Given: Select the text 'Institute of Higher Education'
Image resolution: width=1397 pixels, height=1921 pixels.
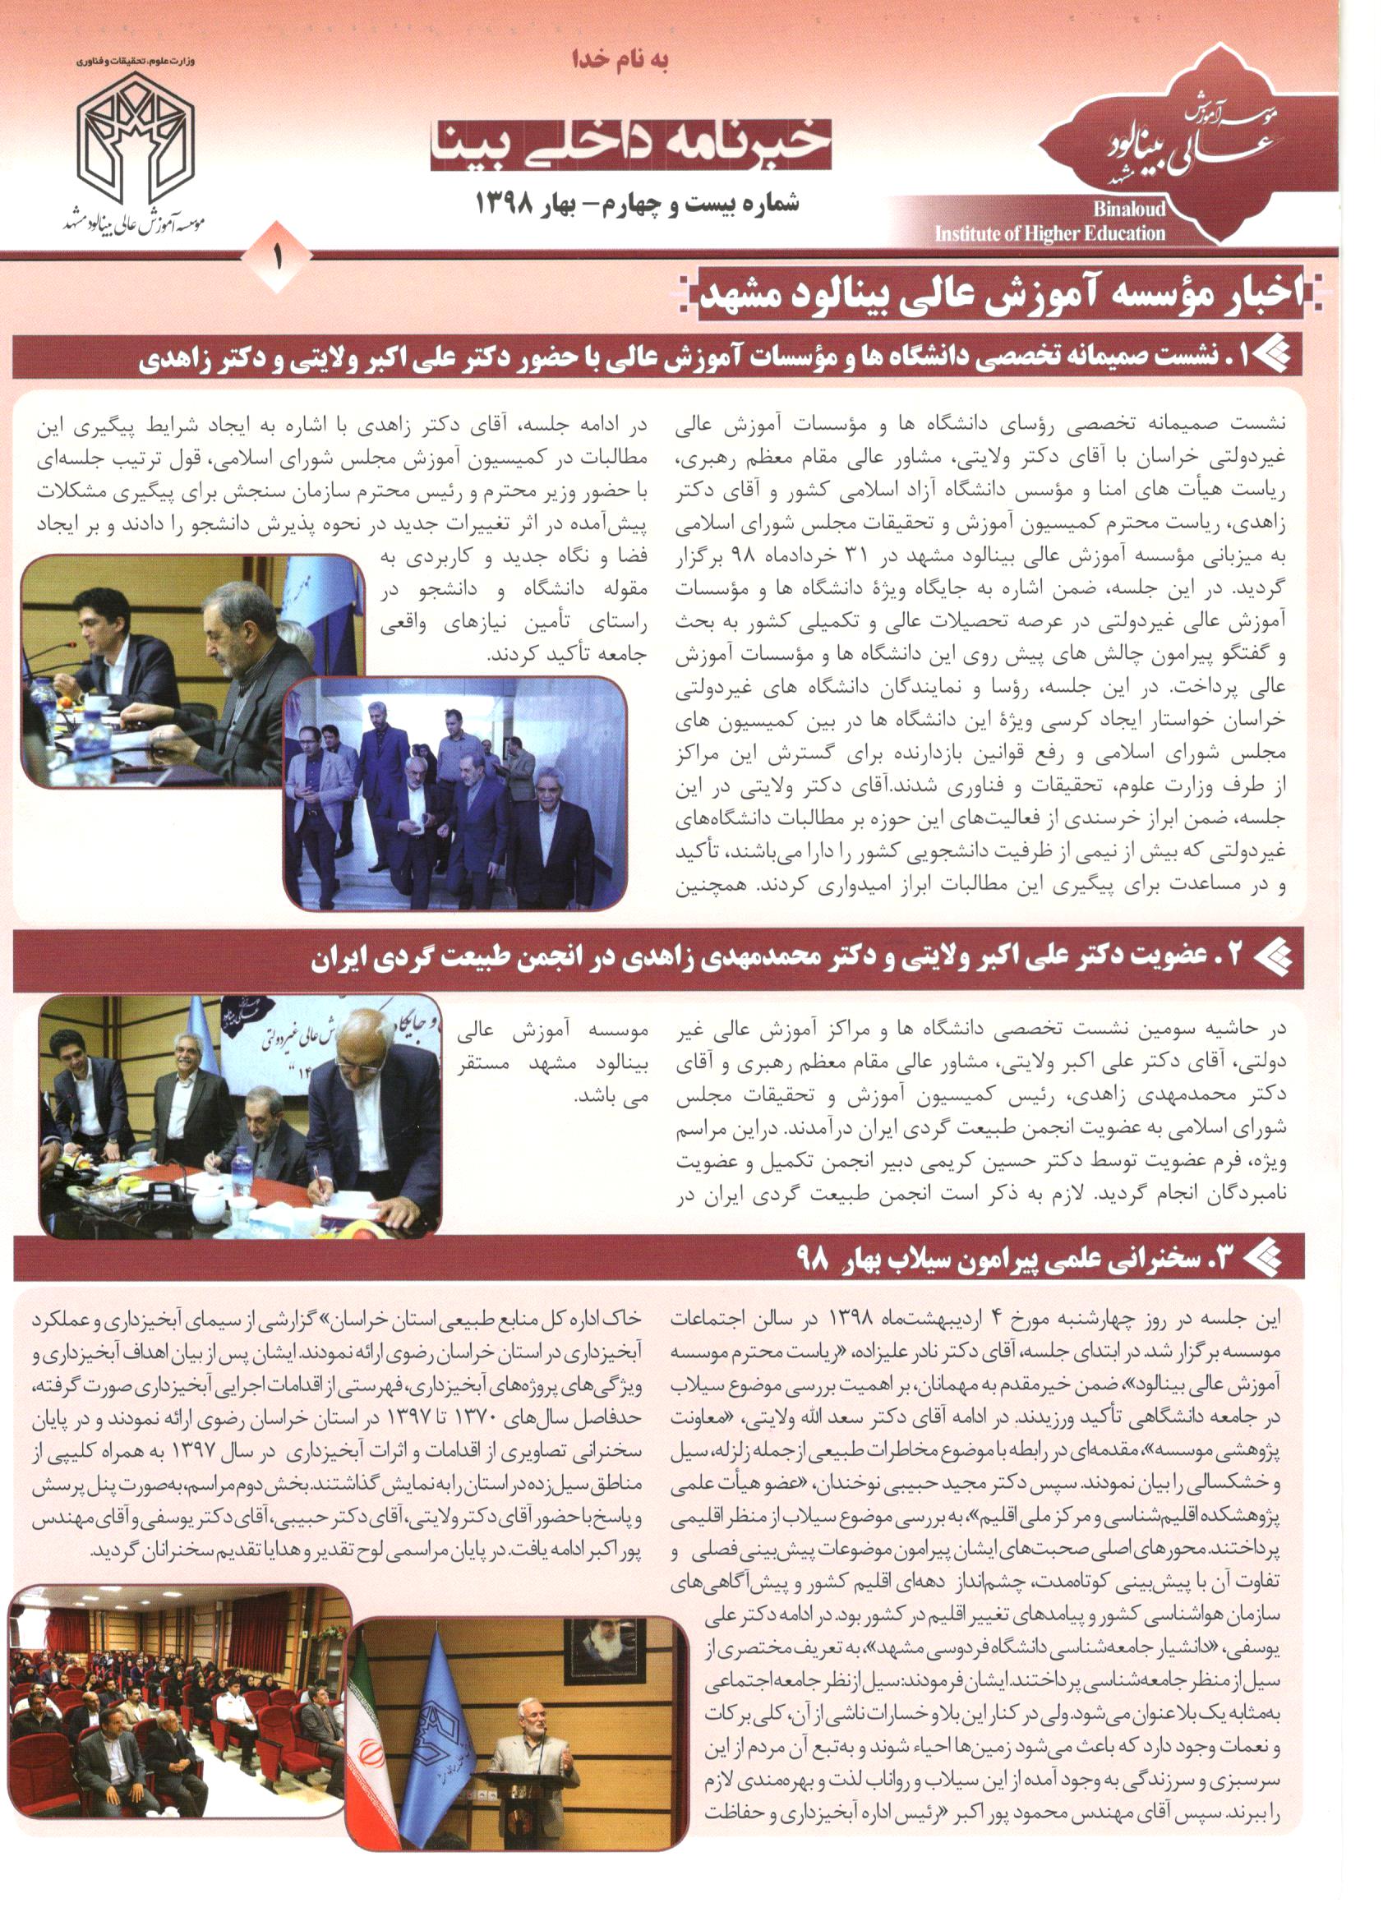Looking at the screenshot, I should coord(1049,233).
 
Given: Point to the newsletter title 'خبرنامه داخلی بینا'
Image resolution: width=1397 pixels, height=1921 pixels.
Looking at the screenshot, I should coord(631,145).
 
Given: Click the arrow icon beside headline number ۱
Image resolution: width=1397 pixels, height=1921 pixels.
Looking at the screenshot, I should coord(1270,357).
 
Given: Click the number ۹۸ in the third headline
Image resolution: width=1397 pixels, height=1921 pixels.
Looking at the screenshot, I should coord(812,1260).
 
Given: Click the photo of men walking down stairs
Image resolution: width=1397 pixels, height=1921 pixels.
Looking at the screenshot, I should coord(455,794).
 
